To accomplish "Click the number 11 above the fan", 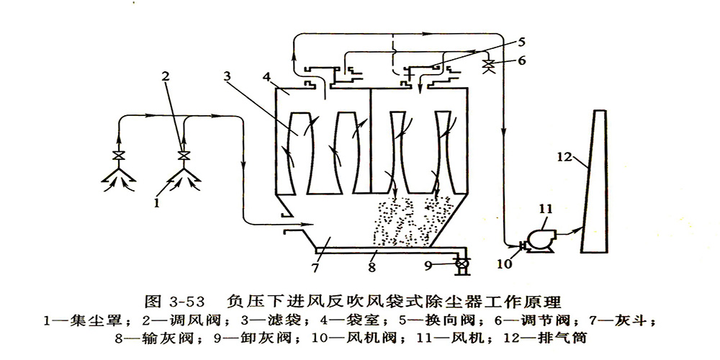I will point(545,209).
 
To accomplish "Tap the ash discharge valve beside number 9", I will point(461,265).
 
